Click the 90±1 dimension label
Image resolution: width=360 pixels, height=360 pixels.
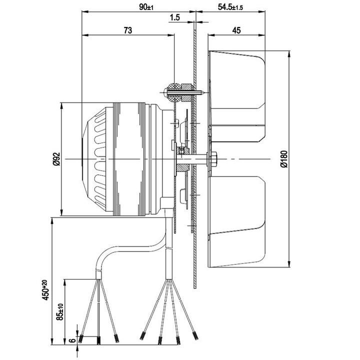pos(146,7)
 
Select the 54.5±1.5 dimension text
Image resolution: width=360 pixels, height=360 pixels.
pos(230,7)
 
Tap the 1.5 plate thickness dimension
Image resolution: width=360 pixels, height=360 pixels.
pos(175,17)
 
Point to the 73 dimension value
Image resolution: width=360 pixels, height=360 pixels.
pos(128,30)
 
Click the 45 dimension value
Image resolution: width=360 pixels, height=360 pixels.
pos(236,30)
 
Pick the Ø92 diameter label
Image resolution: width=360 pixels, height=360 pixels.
pos(56,159)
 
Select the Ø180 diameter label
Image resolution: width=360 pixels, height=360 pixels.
pos(284,159)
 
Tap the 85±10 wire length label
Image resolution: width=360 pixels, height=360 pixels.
pos(59,312)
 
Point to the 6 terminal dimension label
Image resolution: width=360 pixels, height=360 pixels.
pos(73,340)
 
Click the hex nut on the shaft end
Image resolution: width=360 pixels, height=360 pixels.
pos(214,159)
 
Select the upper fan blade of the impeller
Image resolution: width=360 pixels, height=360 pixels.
pos(237,80)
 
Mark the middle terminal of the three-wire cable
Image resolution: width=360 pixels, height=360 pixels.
pos(98,340)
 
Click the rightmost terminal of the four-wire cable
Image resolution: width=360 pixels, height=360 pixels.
pos(195,336)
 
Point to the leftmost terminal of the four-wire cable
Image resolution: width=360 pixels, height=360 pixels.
pos(142,336)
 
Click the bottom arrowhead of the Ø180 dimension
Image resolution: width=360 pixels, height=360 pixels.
pos(289,264)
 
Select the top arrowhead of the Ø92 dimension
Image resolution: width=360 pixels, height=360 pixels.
pos(61,106)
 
